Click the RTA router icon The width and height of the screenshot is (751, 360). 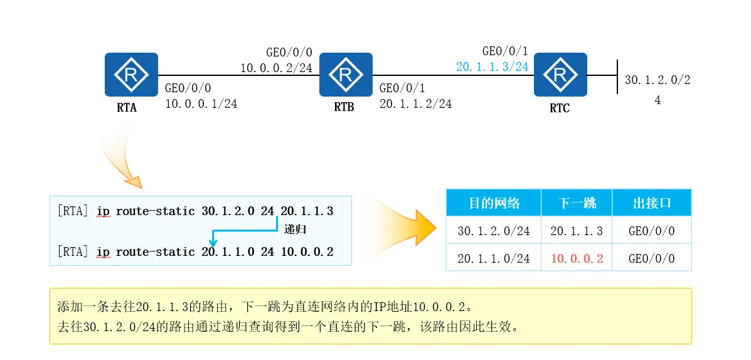(131, 75)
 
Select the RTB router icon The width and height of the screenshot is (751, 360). (345, 75)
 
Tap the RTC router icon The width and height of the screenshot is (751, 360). (560, 75)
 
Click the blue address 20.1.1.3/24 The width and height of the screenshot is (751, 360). (492, 67)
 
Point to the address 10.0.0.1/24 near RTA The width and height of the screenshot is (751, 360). (201, 104)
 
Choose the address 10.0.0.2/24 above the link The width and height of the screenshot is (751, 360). (276, 68)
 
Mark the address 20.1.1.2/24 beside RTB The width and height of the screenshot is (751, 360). (415, 104)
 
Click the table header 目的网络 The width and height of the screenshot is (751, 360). (494, 203)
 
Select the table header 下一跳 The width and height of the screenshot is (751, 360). (576, 203)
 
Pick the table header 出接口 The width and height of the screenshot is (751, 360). (651, 203)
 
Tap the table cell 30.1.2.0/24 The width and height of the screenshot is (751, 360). (494, 231)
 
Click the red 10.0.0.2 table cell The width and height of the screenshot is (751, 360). (577, 258)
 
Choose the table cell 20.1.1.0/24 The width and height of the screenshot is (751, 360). (494, 258)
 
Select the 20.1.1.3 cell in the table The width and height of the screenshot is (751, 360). (577, 231)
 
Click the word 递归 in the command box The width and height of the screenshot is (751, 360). (294, 230)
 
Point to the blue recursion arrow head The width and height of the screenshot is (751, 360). (213, 243)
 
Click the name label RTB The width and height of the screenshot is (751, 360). (344, 107)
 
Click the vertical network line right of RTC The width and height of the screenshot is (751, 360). (618, 77)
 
